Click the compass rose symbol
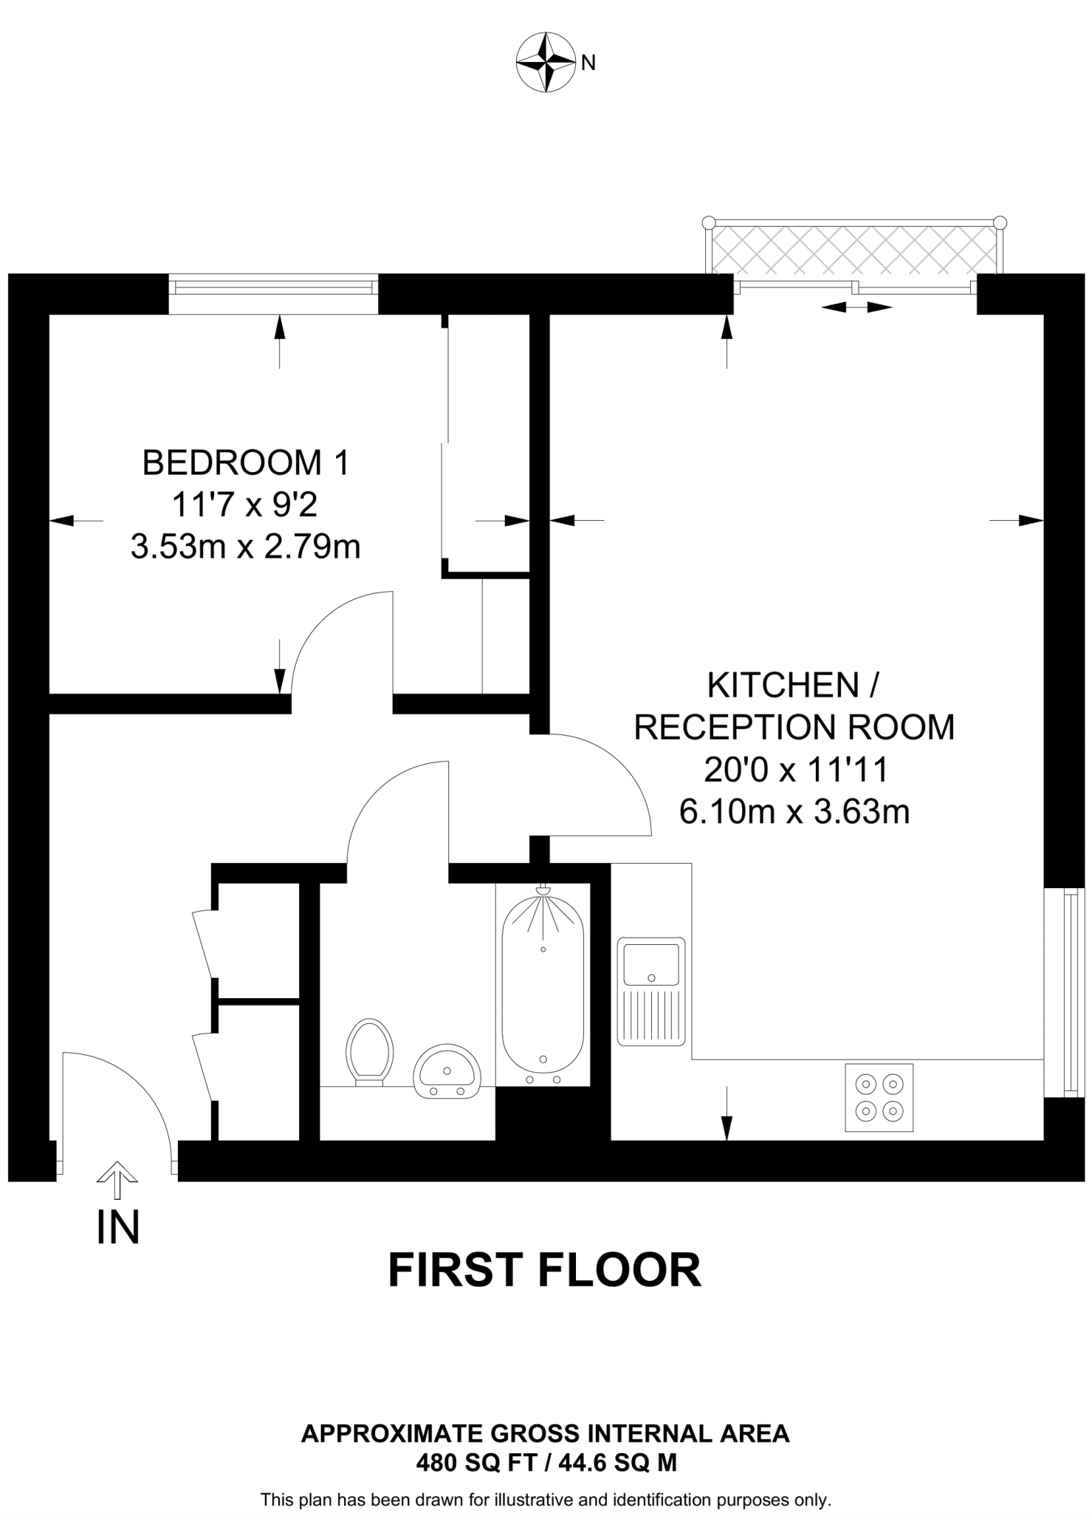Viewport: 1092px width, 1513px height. coord(546,62)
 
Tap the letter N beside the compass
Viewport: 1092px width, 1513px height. coord(588,64)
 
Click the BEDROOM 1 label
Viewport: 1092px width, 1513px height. coord(245,463)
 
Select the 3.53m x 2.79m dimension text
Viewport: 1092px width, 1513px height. coord(245,547)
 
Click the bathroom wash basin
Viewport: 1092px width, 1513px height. coord(447,1072)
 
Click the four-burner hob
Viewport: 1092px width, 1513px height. coord(879,1097)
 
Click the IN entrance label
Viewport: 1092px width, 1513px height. coord(118,1227)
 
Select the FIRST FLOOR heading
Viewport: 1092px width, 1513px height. coord(544,1270)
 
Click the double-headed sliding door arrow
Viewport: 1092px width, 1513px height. coord(856,307)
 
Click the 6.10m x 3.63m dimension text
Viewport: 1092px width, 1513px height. coord(794,813)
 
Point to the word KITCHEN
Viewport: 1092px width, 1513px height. coord(783,686)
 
